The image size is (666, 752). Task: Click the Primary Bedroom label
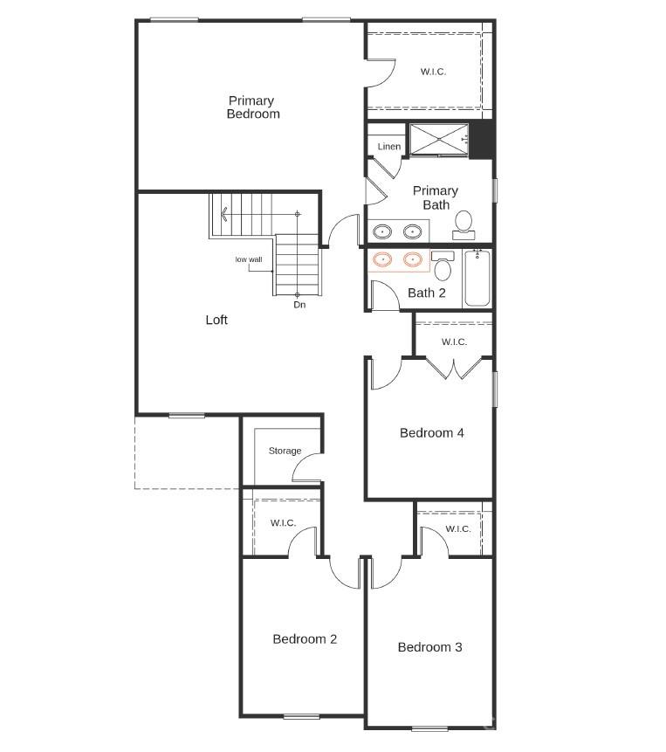pyautogui.click(x=253, y=107)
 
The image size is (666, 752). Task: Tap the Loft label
pyautogui.click(x=216, y=320)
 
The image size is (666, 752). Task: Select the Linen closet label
pyautogui.click(x=389, y=147)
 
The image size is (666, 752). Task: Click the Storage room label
pyautogui.click(x=285, y=451)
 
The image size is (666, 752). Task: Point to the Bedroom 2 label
pyautogui.click(x=305, y=638)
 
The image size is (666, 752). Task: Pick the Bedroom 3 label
pyautogui.click(x=429, y=647)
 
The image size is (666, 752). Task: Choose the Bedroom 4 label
pyautogui.click(x=432, y=432)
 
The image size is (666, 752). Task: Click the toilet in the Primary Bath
pyautogui.click(x=463, y=224)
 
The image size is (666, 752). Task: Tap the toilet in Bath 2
pyautogui.click(x=443, y=265)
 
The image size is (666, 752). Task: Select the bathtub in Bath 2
pyautogui.click(x=477, y=279)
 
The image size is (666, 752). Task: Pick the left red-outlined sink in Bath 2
pyautogui.click(x=382, y=259)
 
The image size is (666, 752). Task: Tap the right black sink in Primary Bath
pyautogui.click(x=413, y=231)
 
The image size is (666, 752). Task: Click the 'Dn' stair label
pyautogui.click(x=299, y=305)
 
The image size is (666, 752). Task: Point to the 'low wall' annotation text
pyautogui.click(x=249, y=259)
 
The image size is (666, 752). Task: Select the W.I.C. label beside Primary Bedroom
pyautogui.click(x=433, y=72)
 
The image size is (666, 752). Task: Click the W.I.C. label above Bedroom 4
pyautogui.click(x=454, y=342)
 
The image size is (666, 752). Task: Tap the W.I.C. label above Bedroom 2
pyautogui.click(x=283, y=522)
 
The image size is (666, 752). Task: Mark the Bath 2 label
pyautogui.click(x=427, y=293)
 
